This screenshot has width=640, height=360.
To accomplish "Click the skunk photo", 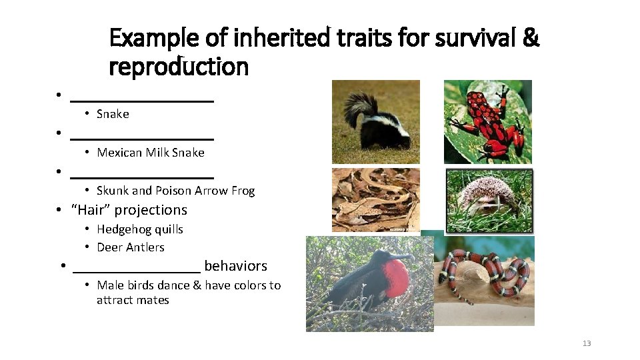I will click(375, 121).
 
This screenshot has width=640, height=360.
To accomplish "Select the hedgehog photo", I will click(490, 200).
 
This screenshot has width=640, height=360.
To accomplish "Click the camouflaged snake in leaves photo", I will click(375, 200).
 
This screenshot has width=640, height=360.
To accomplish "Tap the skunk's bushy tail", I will click(360, 107).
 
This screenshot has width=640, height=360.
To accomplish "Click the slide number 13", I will click(587, 343).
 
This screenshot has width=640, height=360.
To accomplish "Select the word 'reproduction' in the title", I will click(179, 67).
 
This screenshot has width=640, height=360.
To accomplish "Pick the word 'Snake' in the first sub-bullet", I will click(113, 114).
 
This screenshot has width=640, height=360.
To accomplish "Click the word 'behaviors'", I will click(235, 266).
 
